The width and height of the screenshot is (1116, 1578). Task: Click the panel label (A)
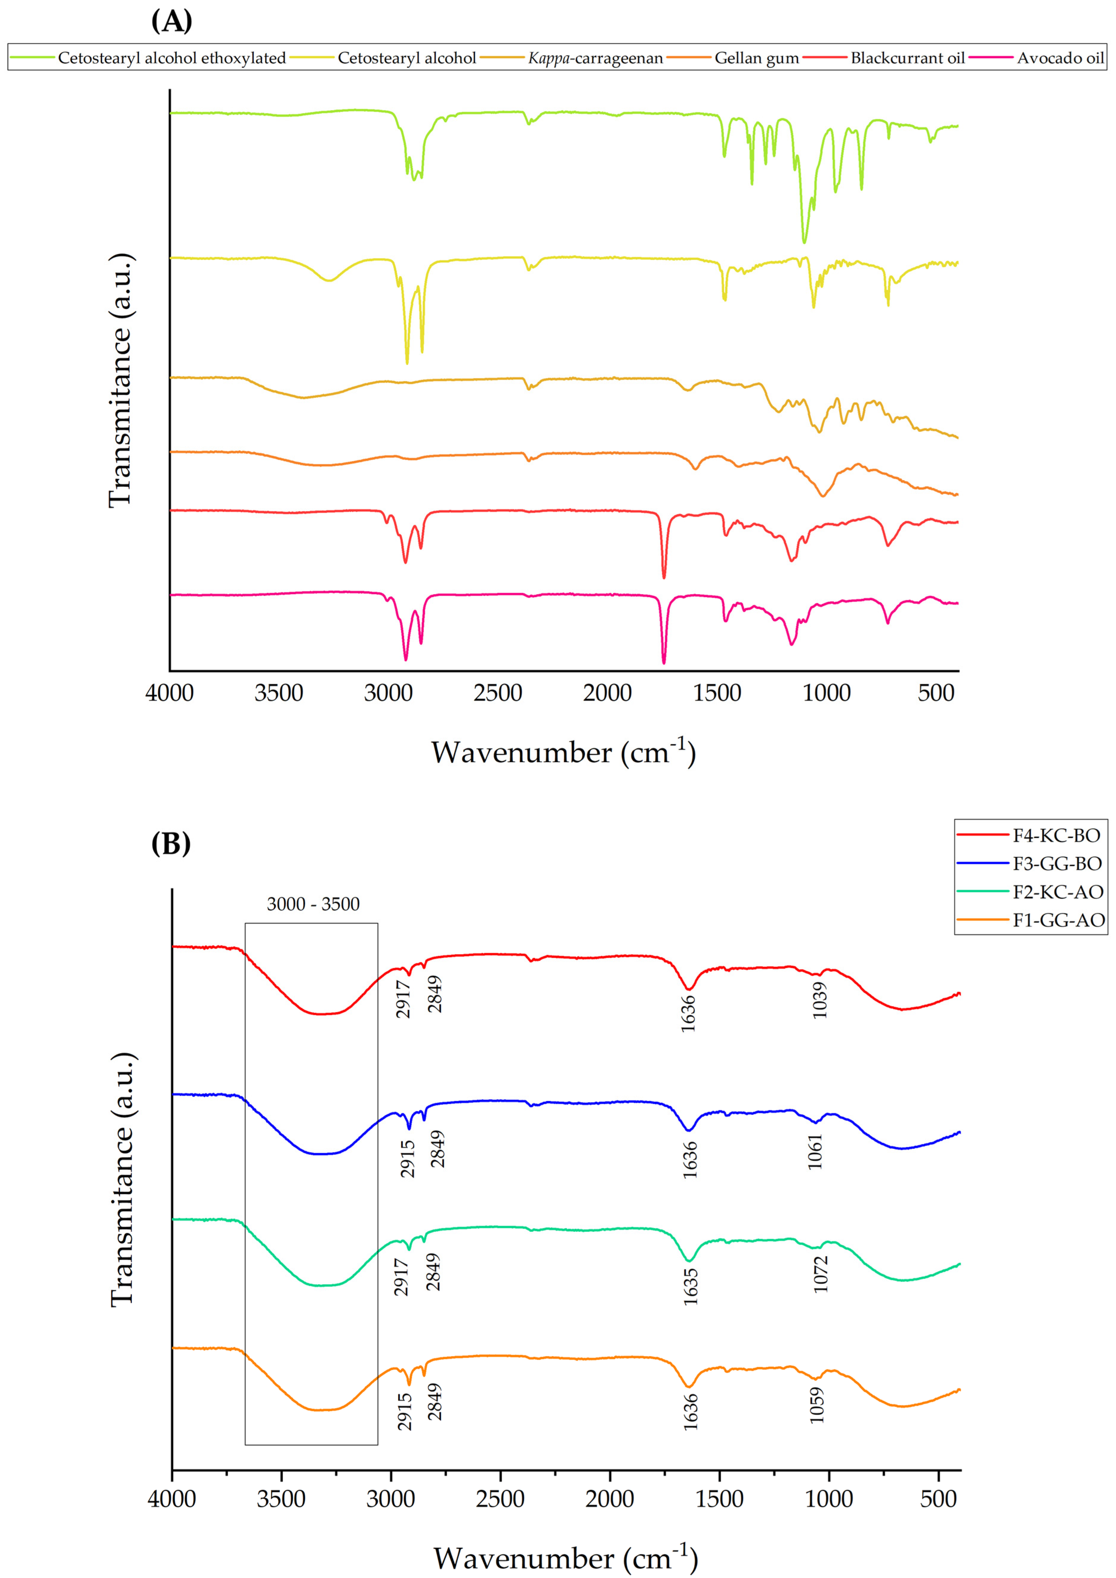pyautogui.click(x=171, y=21)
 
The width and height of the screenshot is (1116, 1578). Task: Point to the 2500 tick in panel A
pyautogui.click(x=497, y=693)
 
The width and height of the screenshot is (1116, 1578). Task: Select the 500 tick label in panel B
pyautogui.click(x=938, y=1499)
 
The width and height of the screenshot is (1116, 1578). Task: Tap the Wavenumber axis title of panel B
pyautogui.click(x=565, y=1557)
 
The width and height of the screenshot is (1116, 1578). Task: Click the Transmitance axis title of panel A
pyautogui.click(x=120, y=380)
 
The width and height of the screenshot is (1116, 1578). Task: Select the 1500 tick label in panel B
pyautogui.click(x=719, y=1499)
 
